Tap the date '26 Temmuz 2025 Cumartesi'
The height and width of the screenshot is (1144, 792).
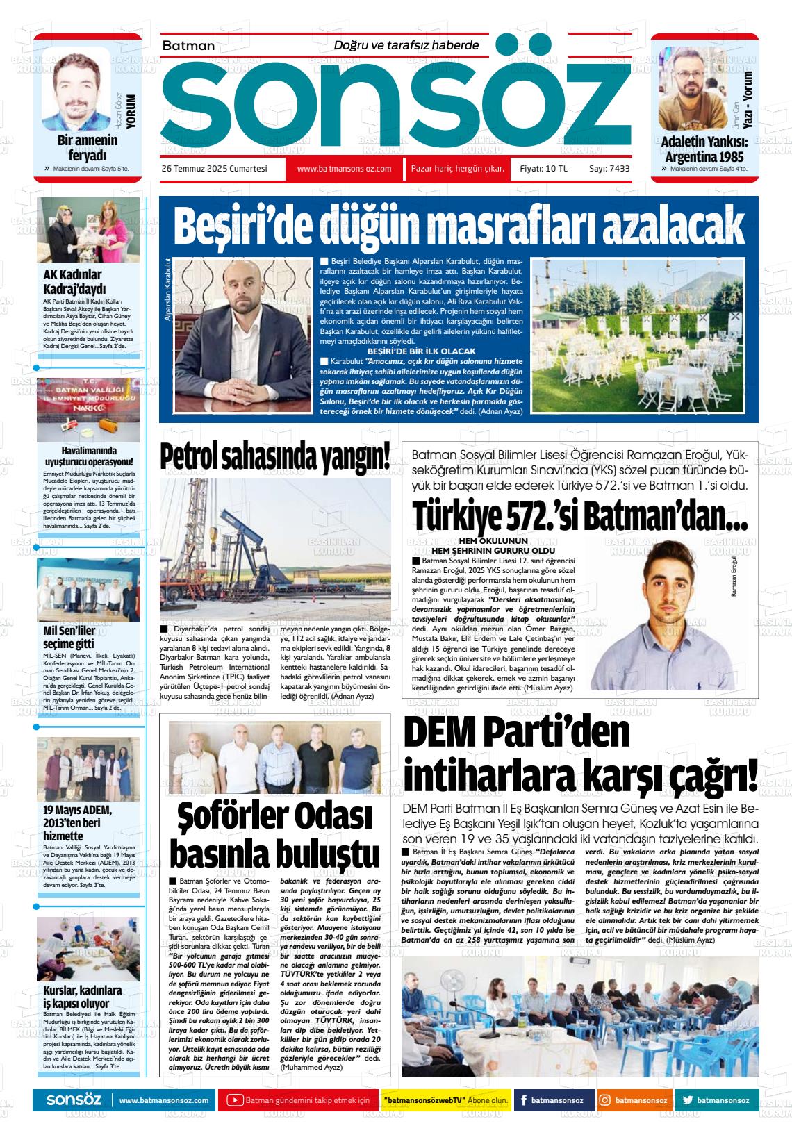(x=214, y=169)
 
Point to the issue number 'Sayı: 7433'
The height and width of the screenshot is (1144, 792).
(x=609, y=169)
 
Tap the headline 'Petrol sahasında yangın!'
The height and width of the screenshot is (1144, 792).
(x=275, y=457)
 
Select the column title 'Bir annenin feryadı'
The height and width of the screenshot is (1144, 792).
(x=87, y=147)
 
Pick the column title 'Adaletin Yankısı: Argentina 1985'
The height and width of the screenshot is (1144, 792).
(x=703, y=149)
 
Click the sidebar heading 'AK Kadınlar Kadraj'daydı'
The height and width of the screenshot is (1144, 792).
(x=73, y=281)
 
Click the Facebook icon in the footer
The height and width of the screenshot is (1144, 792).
(x=523, y=1100)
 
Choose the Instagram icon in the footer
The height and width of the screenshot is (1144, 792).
(x=605, y=1100)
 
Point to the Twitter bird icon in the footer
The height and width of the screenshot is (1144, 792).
(x=687, y=1100)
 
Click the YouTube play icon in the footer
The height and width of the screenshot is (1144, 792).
(x=236, y=1100)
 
